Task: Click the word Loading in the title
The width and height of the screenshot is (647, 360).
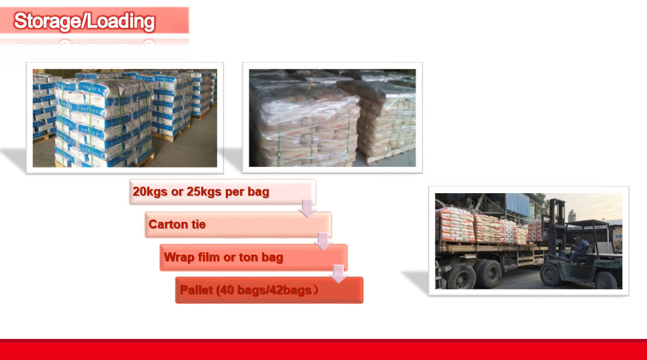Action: click(121, 22)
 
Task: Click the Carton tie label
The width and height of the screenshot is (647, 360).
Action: click(177, 224)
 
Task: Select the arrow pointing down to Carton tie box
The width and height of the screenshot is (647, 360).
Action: click(308, 208)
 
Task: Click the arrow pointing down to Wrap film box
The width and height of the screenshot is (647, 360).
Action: click(323, 241)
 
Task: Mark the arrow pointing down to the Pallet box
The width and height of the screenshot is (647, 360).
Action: click(338, 274)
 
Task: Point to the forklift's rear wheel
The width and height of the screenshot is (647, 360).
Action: click(605, 280)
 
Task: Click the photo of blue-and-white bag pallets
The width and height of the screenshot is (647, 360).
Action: click(125, 118)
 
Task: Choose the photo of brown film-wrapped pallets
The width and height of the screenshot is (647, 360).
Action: click(332, 118)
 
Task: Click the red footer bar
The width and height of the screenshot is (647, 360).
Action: click(323, 349)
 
